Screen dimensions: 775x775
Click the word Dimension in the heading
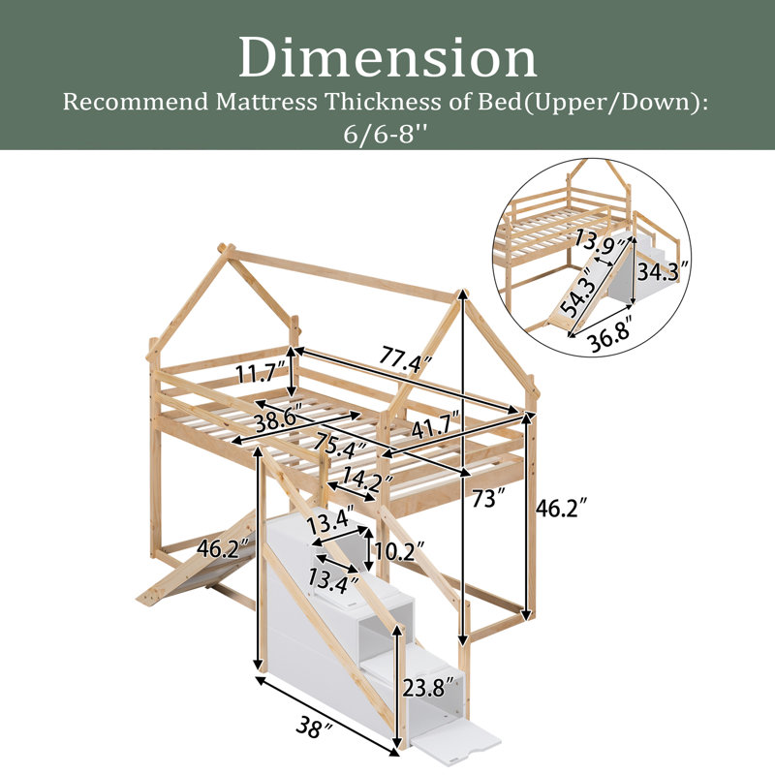click(388, 58)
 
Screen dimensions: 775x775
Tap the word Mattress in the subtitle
click(266, 103)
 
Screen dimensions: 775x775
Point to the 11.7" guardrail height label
click(262, 373)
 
